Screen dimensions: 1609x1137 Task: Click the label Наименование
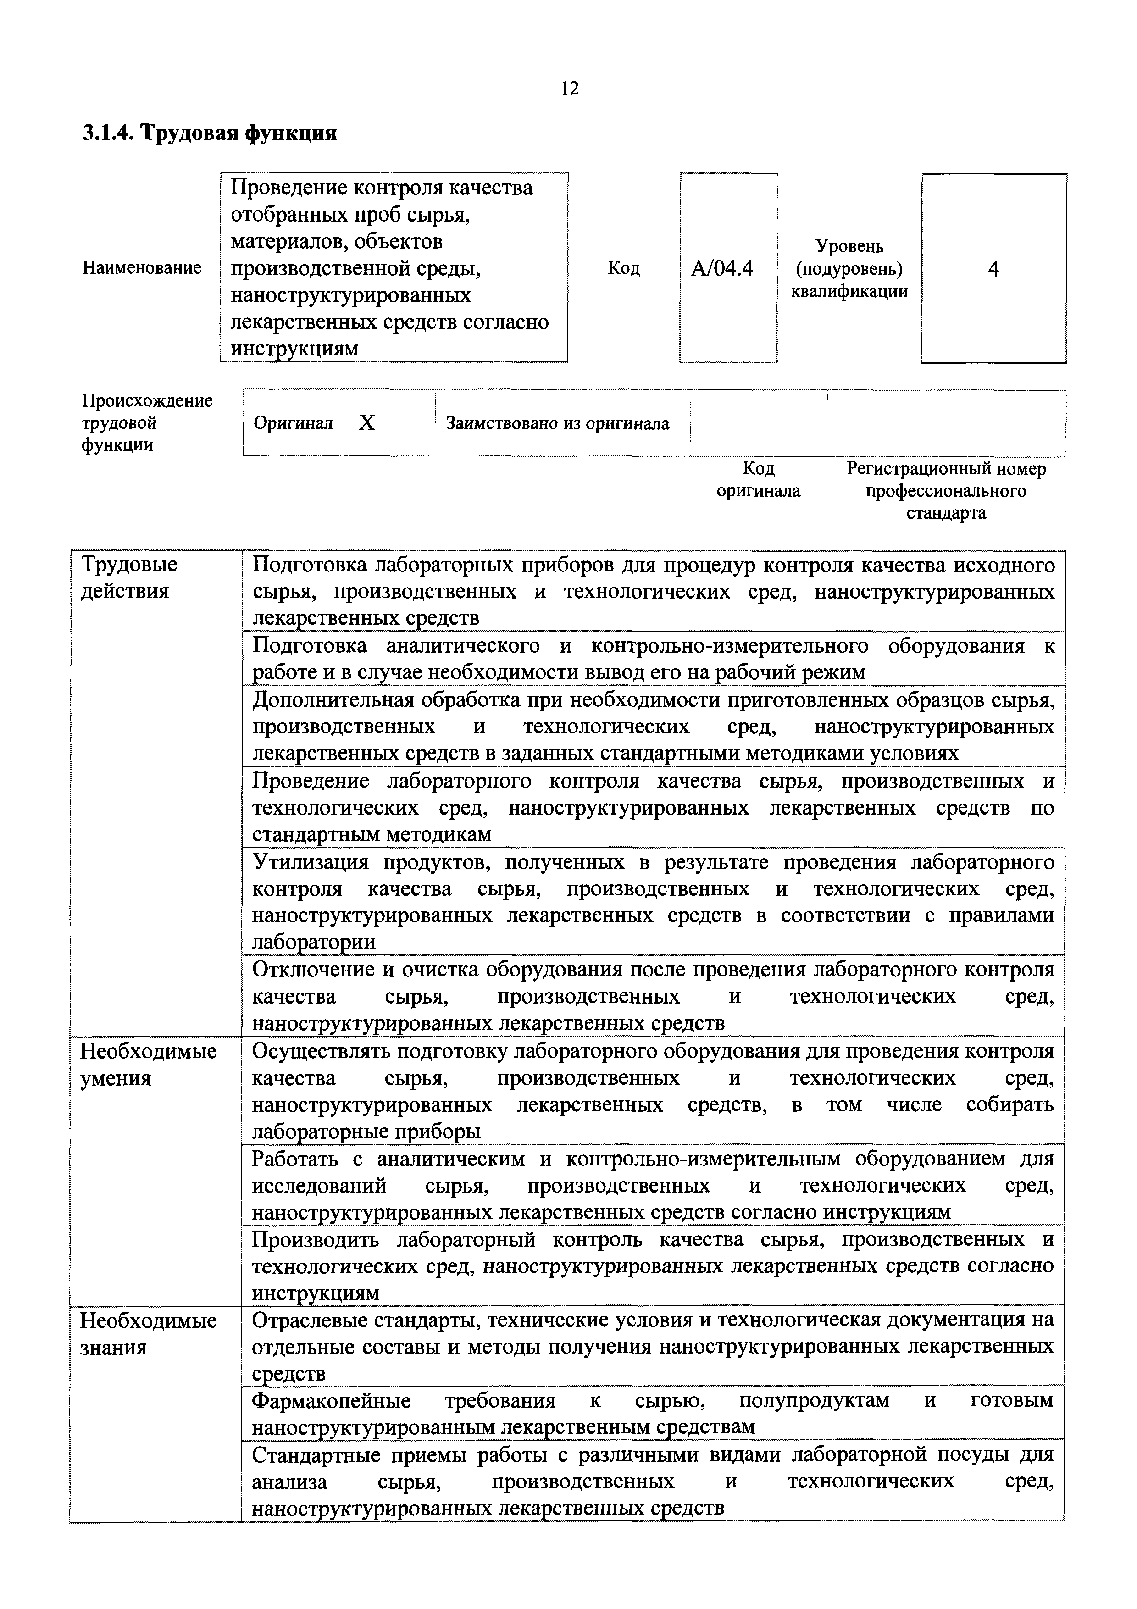(x=142, y=268)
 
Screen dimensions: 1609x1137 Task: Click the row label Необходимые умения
(x=148, y=1065)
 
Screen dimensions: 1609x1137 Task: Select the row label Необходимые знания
(x=148, y=1334)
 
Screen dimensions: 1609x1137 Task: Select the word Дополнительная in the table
(x=327, y=700)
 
